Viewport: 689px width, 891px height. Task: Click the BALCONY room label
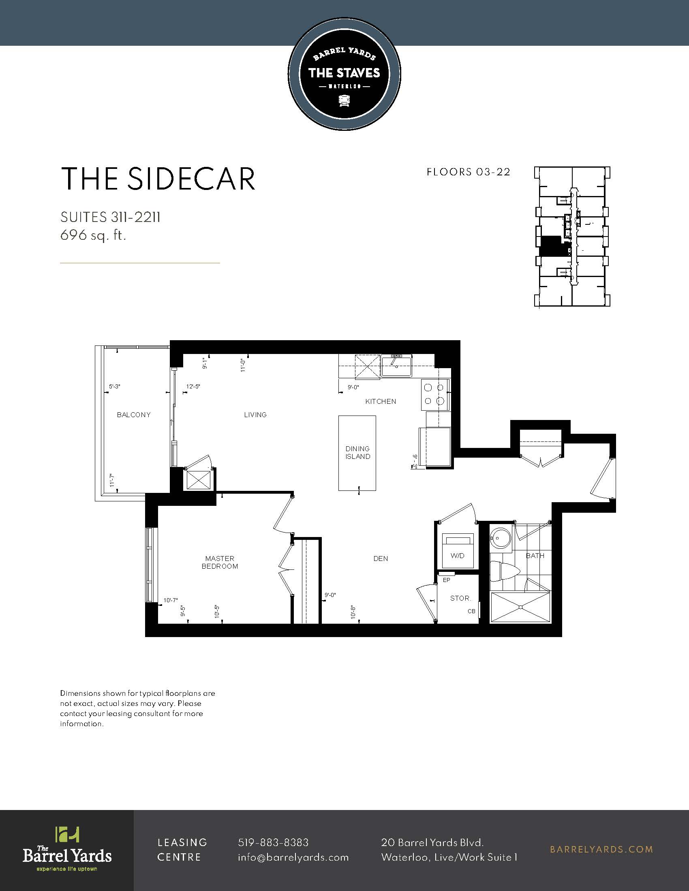133,415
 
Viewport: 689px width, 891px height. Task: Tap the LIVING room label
255,415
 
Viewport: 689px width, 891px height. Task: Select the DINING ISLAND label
357,452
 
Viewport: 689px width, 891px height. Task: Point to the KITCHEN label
381,401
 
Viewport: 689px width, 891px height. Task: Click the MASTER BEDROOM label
220,562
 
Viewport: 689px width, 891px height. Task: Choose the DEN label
381,558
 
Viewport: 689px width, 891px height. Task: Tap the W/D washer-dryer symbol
458,550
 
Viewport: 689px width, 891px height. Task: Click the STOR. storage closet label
460,598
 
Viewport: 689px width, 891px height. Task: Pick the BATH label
535,556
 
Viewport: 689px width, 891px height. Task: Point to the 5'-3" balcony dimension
115,386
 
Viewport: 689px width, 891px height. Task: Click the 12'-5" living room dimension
193,386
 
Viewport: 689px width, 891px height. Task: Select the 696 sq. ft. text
93,235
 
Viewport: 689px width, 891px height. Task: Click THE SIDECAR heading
158,179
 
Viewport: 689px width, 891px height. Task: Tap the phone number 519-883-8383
273,842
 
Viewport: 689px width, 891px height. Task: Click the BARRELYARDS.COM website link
601,849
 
